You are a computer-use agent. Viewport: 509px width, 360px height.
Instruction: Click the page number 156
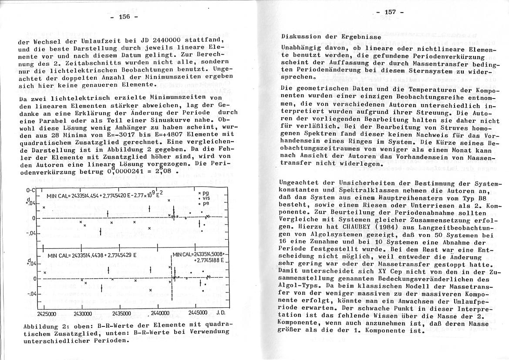tap(124, 17)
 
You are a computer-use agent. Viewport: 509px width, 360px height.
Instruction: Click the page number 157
tap(390, 12)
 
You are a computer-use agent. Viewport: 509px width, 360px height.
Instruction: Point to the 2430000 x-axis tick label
tap(83, 313)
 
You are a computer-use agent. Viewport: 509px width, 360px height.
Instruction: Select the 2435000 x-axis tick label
tap(121, 313)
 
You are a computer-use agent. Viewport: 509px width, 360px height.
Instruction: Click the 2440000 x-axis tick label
tap(159, 313)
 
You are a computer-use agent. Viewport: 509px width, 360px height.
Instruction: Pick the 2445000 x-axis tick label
tap(198, 313)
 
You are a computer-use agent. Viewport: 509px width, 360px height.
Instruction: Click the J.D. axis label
tap(221, 313)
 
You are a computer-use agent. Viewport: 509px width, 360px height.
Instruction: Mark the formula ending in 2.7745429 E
tap(90, 256)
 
